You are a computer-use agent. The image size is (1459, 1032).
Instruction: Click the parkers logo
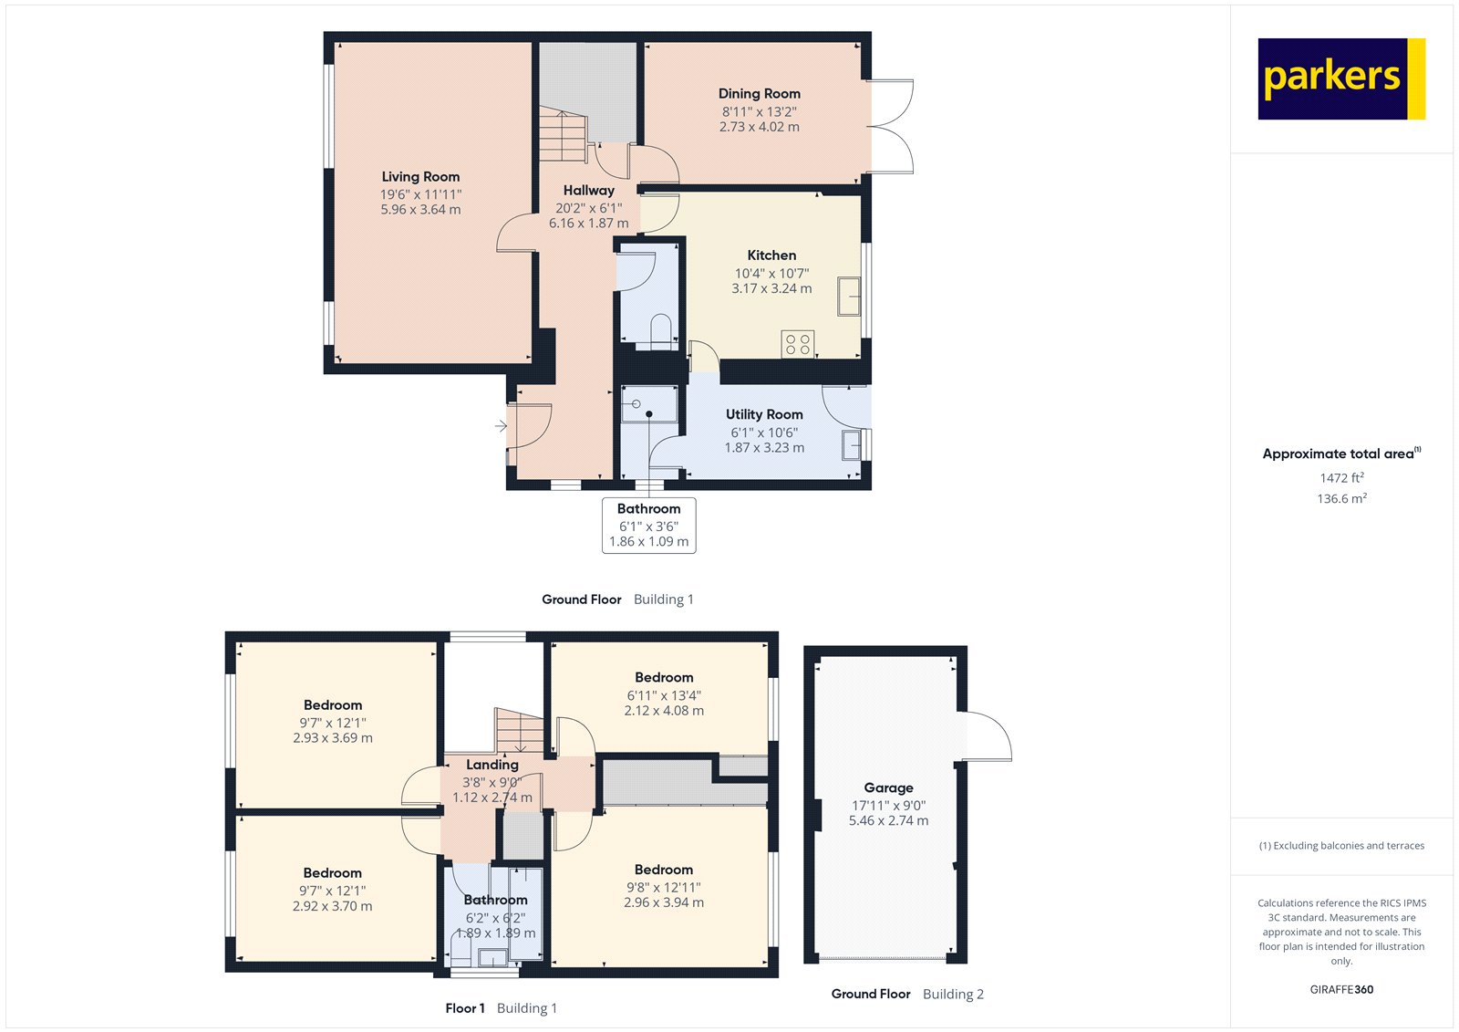(x=1340, y=78)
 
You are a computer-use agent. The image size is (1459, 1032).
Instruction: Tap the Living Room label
(x=420, y=177)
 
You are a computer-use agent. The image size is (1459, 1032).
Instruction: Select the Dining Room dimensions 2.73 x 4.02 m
(x=759, y=127)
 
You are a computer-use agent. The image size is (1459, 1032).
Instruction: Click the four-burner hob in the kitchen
(x=798, y=344)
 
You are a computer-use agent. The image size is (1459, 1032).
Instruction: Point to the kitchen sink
(x=849, y=297)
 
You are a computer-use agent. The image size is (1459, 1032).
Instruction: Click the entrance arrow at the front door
(x=501, y=426)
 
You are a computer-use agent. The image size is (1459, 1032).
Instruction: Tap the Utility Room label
(x=764, y=414)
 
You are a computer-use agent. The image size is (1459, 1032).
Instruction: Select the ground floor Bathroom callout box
(x=649, y=525)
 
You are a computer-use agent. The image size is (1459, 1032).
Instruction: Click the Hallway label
(x=588, y=191)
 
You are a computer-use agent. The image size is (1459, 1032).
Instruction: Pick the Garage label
(x=888, y=787)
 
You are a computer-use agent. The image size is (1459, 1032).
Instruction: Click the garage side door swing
(x=987, y=735)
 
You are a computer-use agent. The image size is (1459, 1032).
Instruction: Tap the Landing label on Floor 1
(x=492, y=765)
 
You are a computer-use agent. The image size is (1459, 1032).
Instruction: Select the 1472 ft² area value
(x=1341, y=477)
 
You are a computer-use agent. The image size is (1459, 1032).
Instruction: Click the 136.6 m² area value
(x=1341, y=498)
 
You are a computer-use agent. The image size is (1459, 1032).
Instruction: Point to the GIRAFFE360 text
(x=1341, y=989)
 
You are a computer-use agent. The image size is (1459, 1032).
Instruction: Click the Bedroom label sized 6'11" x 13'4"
(x=664, y=677)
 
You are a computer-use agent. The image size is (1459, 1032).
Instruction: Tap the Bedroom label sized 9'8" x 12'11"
(x=664, y=870)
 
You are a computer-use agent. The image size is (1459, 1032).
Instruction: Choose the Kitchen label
(x=771, y=255)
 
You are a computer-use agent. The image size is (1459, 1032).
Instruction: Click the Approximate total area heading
(x=1338, y=453)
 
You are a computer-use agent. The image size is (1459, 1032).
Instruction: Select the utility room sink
(x=852, y=445)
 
